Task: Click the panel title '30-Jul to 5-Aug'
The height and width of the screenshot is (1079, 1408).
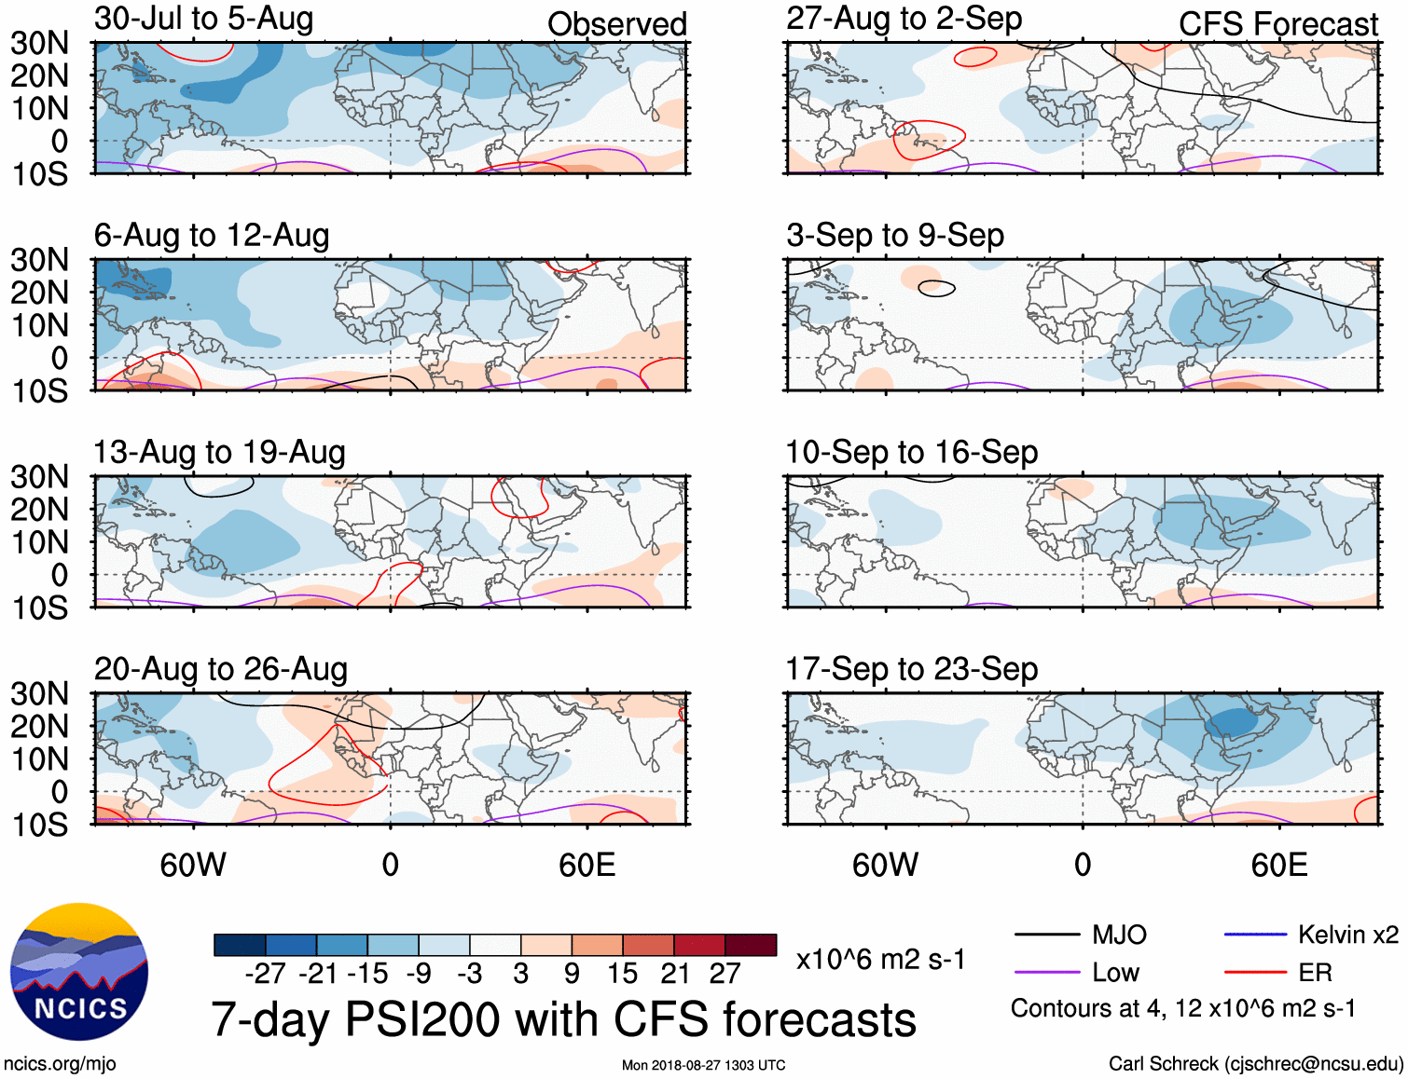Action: (203, 19)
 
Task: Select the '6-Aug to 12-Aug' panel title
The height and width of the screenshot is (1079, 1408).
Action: (212, 236)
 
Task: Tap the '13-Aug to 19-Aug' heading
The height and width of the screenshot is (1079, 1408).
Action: (219, 453)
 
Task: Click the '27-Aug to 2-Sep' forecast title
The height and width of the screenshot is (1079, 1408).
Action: (904, 19)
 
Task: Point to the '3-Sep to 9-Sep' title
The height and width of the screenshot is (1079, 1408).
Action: (894, 236)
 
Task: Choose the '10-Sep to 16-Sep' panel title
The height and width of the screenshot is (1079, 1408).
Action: (911, 453)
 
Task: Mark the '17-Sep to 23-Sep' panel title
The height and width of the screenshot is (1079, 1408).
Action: (911, 670)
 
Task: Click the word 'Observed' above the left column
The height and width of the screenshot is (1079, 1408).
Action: (616, 24)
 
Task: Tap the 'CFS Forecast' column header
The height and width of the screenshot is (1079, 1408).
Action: (1277, 24)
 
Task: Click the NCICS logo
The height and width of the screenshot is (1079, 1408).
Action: (79, 972)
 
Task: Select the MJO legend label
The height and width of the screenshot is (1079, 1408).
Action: (1119, 935)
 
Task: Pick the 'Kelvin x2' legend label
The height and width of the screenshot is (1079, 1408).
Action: (1347, 935)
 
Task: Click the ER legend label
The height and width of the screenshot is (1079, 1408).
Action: (1315, 973)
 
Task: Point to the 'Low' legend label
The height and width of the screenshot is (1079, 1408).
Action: (1115, 973)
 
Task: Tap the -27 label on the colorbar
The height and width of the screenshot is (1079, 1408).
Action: (266, 974)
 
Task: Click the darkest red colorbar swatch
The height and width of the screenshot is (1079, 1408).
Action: (751, 945)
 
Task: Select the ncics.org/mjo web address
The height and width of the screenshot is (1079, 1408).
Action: (60, 1064)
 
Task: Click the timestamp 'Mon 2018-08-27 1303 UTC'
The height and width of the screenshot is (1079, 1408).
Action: (703, 1065)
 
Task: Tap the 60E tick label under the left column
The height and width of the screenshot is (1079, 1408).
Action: (587, 866)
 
